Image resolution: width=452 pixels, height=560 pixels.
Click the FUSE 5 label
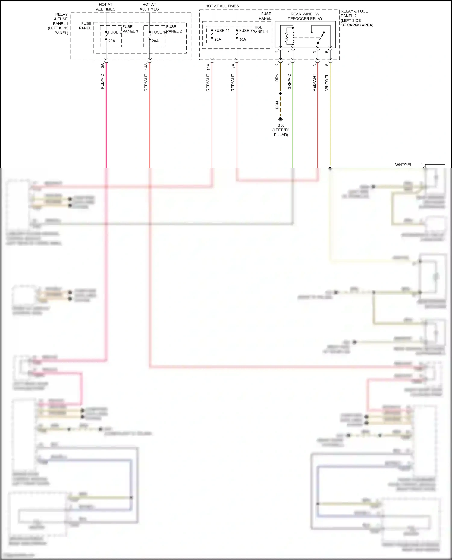[115, 32]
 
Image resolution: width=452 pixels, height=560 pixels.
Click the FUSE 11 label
[222, 31]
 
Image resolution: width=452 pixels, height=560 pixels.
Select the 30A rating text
[243, 39]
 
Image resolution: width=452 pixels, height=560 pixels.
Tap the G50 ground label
[281, 125]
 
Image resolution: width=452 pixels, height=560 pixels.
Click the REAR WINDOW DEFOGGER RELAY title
[305, 16]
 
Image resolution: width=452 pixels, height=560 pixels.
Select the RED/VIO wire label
[102, 81]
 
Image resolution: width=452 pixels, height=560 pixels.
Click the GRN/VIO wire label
[290, 82]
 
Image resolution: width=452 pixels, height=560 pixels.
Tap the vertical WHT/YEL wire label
[327, 82]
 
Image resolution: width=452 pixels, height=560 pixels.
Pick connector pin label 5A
[102, 65]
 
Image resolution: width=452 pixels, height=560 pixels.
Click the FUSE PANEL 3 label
[130, 29]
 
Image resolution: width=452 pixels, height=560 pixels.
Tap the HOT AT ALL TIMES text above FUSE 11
[222, 6]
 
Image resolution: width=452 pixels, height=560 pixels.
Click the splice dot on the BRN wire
[281, 94]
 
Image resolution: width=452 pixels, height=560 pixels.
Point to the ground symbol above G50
[281, 119]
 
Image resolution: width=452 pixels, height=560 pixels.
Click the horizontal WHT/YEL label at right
[403, 165]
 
